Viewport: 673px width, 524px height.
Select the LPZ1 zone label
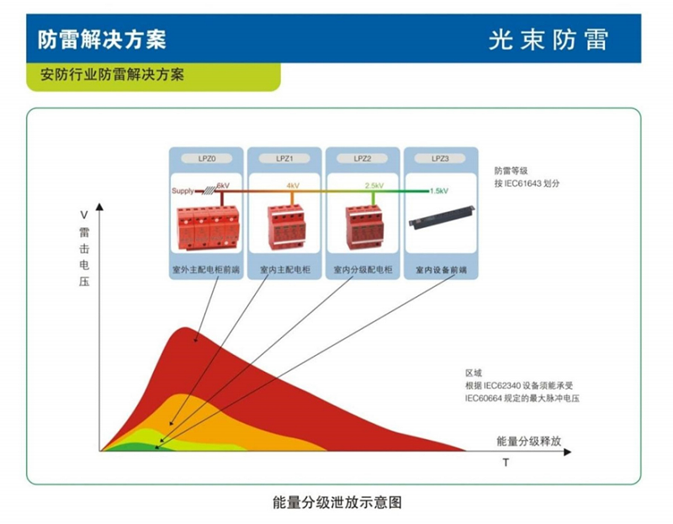coord(284,158)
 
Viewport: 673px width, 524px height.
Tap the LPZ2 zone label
coord(363,158)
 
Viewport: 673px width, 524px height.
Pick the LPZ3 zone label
coord(440,158)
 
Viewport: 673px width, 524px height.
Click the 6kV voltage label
coord(223,185)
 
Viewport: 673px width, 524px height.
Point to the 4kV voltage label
coord(293,185)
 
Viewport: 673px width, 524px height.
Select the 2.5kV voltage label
coord(374,185)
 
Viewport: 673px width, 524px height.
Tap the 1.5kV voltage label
coord(438,191)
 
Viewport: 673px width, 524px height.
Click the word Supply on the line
coord(183,191)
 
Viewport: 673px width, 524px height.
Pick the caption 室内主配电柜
coord(284,270)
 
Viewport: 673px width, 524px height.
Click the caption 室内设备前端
coord(440,270)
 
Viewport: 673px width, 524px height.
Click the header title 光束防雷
coord(548,40)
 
